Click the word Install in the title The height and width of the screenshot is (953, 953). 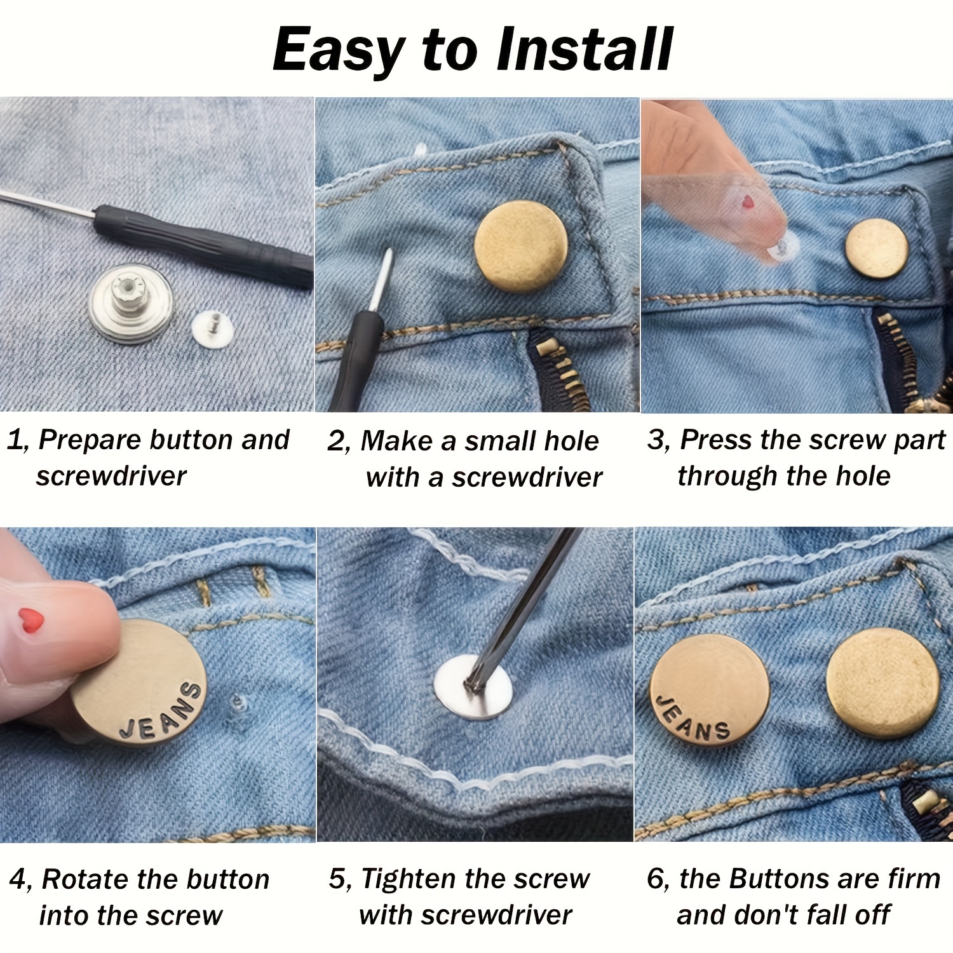(583, 50)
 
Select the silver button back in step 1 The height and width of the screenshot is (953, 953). (131, 302)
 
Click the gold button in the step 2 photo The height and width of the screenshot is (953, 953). (521, 247)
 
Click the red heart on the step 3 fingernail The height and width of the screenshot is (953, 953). (748, 202)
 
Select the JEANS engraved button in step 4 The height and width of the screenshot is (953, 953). (139, 682)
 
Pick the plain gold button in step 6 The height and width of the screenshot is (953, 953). (883, 684)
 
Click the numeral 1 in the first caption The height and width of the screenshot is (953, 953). (15, 440)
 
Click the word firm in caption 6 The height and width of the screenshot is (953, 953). (914, 879)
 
